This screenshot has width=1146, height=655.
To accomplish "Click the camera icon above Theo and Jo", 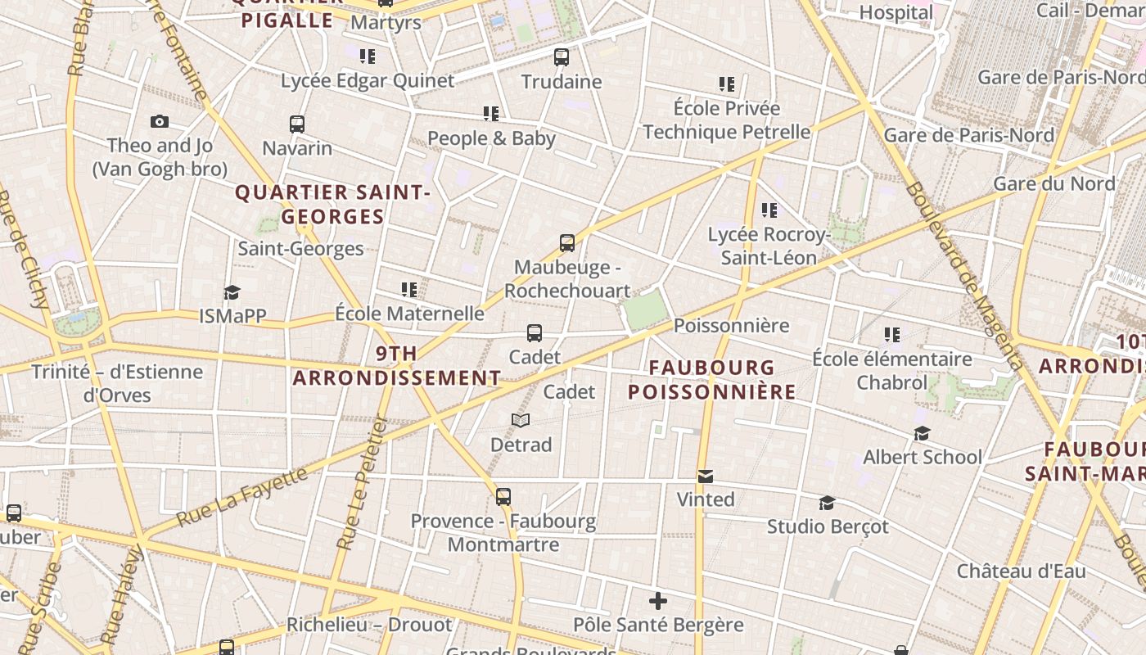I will [160, 122].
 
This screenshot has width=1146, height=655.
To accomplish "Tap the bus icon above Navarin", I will [297, 124].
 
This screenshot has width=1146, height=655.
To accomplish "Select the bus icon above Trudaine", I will [561, 57].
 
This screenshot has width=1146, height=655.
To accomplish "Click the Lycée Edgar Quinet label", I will [367, 80].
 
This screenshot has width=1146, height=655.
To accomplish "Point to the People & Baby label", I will [491, 138].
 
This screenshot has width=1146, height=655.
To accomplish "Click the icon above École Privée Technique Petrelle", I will [726, 84].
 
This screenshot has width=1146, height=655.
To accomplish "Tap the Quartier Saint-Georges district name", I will [332, 205].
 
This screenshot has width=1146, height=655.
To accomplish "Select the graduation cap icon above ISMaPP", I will [232, 292].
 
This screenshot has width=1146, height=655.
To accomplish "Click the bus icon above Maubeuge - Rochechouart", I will [567, 243].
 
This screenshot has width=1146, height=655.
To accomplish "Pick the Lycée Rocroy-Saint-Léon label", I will [768, 246].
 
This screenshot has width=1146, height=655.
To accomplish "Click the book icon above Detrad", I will [521, 421].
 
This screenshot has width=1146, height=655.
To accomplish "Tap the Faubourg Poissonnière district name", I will [711, 380].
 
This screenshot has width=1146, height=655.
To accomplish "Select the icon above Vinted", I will [705, 476].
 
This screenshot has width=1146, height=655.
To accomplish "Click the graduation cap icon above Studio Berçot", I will [827, 503].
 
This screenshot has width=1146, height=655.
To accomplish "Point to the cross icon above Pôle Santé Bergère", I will [658, 602].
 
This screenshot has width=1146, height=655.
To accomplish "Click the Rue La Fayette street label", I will [243, 496].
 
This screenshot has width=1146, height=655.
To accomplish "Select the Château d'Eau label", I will [1021, 571].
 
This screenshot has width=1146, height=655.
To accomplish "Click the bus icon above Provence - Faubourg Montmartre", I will [503, 497].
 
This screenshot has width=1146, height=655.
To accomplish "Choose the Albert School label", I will [922, 457].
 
